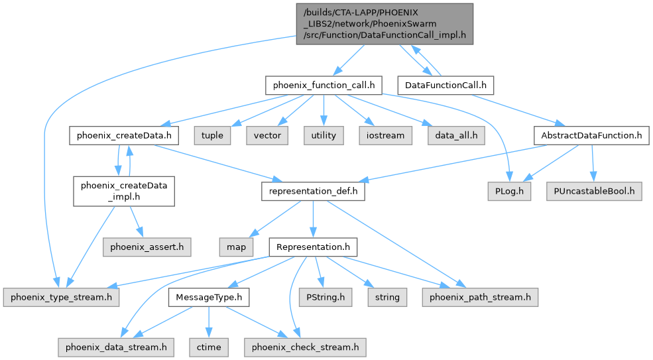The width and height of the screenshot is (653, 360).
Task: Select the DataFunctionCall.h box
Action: tap(445, 85)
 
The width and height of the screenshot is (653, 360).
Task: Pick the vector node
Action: tap(267, 135)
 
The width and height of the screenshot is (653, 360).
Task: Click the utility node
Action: tap(323, 135)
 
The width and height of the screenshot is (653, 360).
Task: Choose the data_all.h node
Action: tap(456, 135)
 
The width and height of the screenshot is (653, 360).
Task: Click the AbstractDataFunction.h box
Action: tap(590, 135)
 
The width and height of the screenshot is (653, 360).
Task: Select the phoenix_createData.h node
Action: tap(124, 135)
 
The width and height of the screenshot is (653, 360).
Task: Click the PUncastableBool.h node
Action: tap(594, 192)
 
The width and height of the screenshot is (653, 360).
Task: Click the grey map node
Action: tap(235, 247)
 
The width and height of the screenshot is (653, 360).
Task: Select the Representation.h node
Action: tap(313, 247)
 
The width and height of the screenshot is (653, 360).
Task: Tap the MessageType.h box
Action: tap(209, 297)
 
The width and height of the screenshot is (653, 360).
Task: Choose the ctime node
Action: tap(209, 346)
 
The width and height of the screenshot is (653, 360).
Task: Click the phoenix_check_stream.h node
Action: tap(305, 346)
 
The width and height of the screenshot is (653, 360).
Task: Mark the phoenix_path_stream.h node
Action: tap(480, 297)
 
